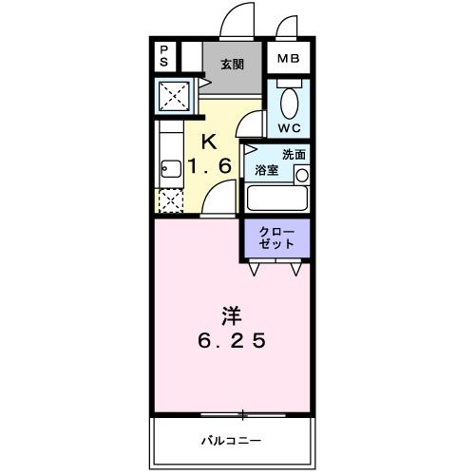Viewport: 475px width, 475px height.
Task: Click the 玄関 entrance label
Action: (232, 65)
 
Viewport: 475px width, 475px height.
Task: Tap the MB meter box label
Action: (288, 59)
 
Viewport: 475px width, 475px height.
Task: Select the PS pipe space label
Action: (163, 56)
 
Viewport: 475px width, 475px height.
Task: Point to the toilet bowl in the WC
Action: (291, 102)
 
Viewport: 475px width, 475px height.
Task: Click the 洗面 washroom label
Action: (293, 154)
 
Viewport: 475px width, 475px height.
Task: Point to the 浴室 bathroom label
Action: (266, 171)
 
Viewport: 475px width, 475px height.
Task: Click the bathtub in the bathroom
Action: (276, 199)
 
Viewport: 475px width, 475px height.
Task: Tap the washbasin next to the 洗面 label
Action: (301, 174)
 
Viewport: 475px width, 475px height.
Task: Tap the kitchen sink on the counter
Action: (170, 171)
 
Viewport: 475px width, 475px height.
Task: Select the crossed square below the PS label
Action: (174, 96)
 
